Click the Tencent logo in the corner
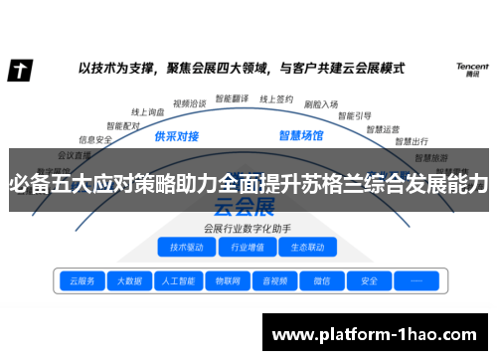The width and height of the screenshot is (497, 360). pos(471,70)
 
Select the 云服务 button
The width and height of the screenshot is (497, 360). pos(79,281)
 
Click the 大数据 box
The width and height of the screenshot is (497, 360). pos(128,281)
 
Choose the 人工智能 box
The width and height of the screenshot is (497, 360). pos(179,281)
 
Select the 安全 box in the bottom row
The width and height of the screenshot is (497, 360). pos(369,281)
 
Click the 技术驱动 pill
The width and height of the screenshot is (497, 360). pos(187,248)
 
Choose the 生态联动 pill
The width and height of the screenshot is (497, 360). pos(302,248)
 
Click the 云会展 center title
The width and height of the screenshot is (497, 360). pos(244,208)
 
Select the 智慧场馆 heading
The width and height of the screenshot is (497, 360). pos(301,134)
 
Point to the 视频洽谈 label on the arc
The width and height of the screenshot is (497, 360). pos(188,102)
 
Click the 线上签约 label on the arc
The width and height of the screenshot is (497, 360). pos(276,99)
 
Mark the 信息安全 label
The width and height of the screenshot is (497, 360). pos(95,140)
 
